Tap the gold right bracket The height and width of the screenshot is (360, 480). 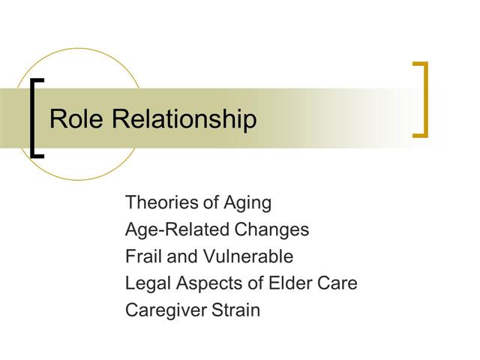click(423, 100)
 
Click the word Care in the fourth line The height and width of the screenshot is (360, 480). click(336, 283)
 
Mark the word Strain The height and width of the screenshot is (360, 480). click(236, 310)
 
